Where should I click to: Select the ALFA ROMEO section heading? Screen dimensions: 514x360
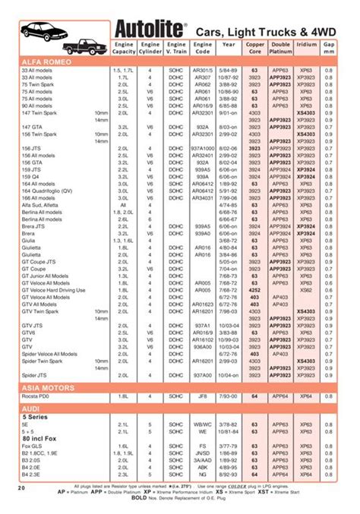47,60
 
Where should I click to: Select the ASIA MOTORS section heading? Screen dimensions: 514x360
48,388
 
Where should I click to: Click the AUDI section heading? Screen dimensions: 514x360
31,408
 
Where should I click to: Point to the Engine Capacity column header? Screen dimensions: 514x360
124,49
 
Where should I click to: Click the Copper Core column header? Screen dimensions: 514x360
255,49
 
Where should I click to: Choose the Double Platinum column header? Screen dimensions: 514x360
280,49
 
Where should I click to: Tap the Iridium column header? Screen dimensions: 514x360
306,45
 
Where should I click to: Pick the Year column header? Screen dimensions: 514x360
229,45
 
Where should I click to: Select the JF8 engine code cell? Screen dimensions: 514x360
201,397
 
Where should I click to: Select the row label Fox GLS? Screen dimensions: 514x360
33,447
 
